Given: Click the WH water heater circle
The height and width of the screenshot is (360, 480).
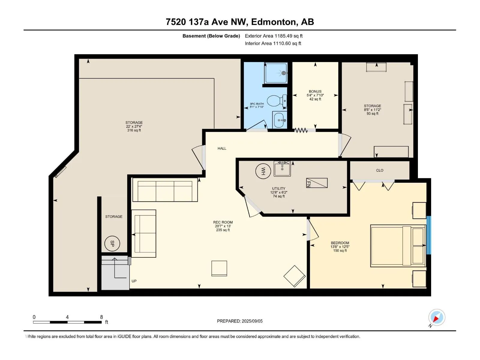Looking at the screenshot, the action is tap(263, 171).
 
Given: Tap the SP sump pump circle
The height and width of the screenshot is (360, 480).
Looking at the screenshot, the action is tap(112, 244).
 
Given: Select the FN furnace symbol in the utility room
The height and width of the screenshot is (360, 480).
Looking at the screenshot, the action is tap(316, 183).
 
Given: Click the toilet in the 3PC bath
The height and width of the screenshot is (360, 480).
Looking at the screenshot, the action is tap(277, 101).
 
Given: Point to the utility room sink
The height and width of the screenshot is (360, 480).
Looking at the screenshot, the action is tap(282, 169).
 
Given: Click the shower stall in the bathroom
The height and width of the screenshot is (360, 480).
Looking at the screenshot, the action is tap(276, 73).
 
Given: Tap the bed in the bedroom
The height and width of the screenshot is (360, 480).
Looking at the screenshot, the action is tap(398, 246).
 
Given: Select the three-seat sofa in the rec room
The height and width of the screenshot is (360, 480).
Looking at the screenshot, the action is tap(165, 190).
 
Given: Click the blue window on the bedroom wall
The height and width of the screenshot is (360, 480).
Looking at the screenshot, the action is tap(429, 235).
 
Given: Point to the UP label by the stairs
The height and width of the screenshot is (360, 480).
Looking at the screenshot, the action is tap(134, 281).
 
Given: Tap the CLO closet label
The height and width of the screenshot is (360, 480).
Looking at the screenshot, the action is tap(379, 170).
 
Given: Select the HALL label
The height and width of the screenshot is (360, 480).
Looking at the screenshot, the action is tap(222, 148).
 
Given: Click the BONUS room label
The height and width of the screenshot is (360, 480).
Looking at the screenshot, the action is tap(315, 91).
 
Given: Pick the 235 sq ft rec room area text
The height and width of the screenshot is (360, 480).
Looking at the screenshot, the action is tap(223, 230).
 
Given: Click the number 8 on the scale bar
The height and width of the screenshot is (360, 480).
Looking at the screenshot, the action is tap(101, 317).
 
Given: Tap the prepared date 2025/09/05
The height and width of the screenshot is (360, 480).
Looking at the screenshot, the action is tap(252, 321).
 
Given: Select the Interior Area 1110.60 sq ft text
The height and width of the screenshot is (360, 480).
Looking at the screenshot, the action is tap(273, 43).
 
